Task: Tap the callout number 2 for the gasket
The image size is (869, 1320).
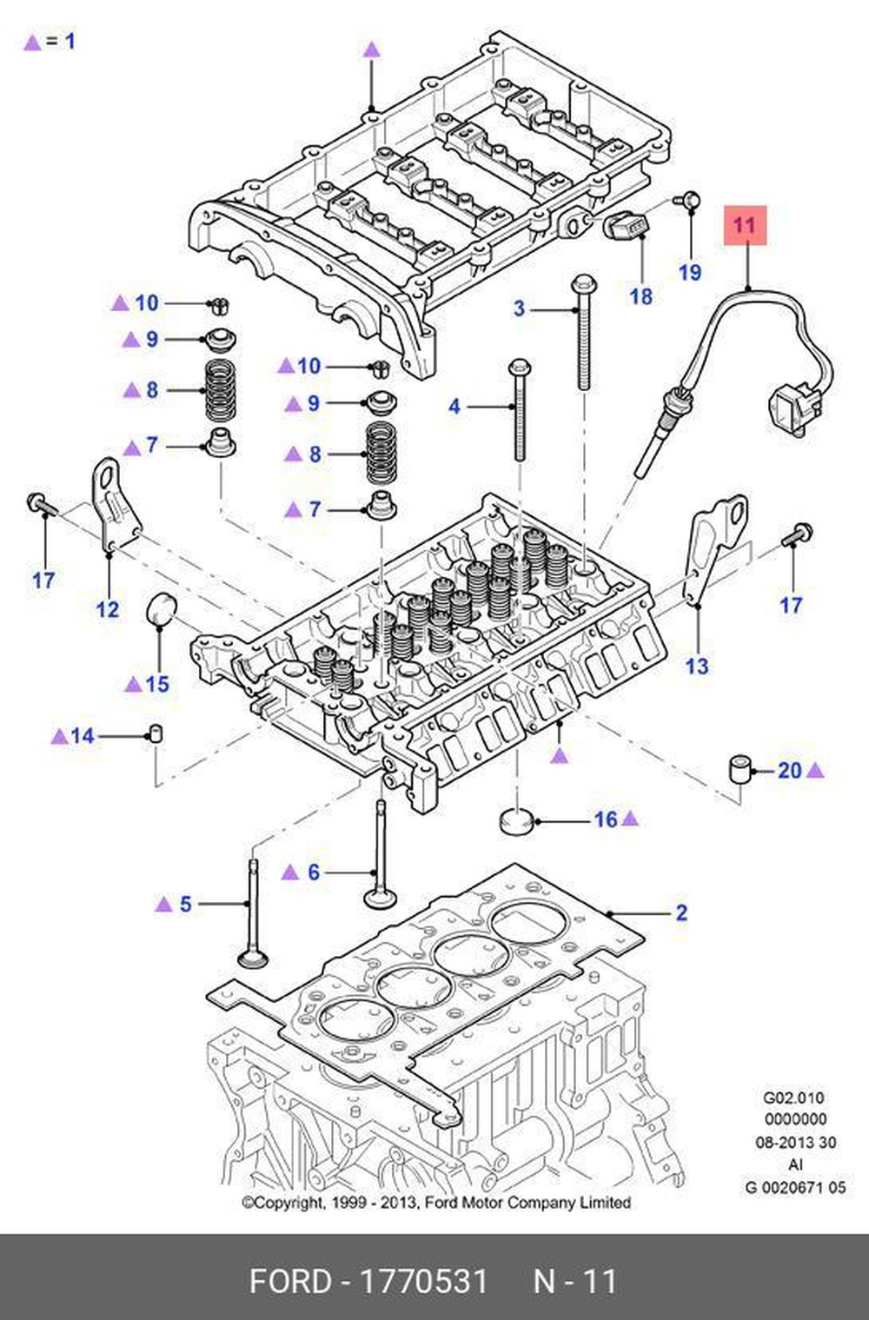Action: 681,912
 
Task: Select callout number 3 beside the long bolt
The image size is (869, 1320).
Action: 520,308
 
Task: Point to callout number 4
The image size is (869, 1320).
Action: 454,406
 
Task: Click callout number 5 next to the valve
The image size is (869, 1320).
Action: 185,905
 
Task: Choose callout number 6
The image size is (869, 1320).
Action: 314,872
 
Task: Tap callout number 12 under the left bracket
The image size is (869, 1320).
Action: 108,608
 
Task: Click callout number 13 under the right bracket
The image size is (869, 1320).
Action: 697,667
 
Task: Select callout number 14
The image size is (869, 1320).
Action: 83,736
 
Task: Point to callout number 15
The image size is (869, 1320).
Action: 157,684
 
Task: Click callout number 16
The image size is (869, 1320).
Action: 606,819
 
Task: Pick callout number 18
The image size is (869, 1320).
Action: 640,296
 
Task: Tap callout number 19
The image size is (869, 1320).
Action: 690,272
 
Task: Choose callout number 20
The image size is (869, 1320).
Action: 789,770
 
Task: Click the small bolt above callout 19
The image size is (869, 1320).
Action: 690,200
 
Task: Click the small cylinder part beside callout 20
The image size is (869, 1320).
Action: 740,769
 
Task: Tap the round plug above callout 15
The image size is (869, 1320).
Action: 160,608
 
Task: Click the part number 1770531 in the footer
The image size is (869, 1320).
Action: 424,1282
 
